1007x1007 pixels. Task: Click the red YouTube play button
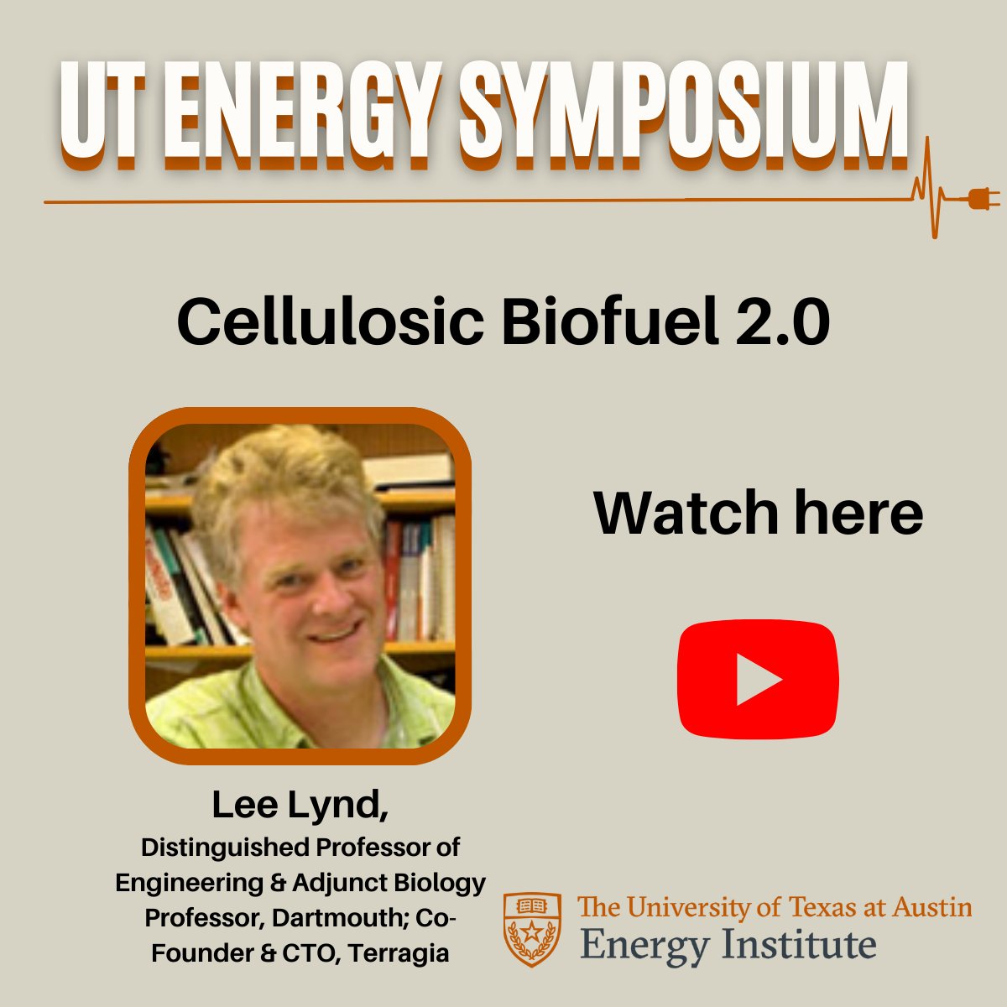click(758, 679)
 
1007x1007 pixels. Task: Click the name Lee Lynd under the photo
click(300, 804)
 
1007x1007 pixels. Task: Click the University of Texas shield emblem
click(532, 929)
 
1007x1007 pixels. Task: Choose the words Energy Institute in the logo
click(728, 945)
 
